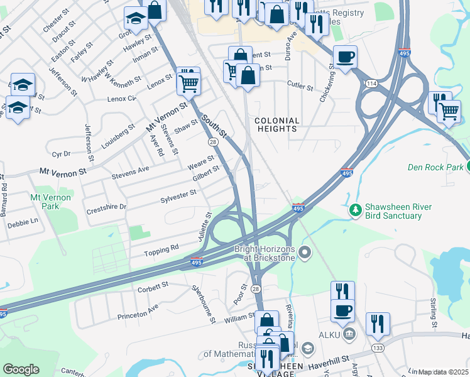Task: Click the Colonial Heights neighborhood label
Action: tap(276, 124)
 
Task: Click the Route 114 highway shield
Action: tap(373, 84)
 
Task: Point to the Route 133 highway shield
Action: tap(378, 347)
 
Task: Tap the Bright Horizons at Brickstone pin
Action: tap(305, 253)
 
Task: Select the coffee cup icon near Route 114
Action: tap(345, 57)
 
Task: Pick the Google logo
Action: tap(21, 369)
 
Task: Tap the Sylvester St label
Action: tap(178, 195)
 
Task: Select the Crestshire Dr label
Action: tap(106, 207)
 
